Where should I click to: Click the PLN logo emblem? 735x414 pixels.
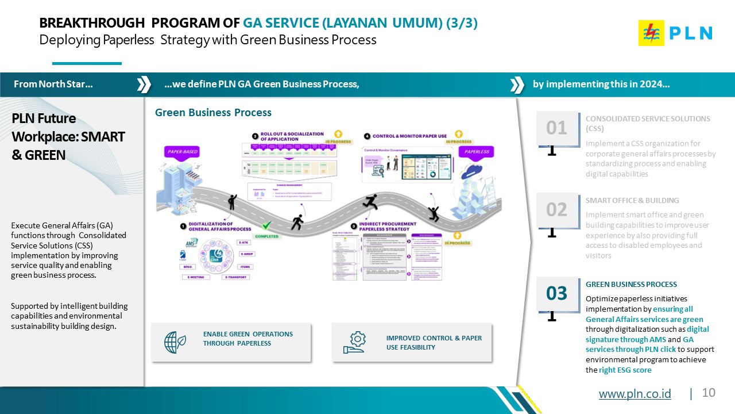[x=651, y=33]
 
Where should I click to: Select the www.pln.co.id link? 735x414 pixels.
[x=635, y=394]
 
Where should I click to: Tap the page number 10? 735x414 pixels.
[x=709, y=393]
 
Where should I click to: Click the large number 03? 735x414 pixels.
[x=556, y=293]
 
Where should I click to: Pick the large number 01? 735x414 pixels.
[x=556, y=127]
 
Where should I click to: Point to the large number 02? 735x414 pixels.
[x=556, y=209]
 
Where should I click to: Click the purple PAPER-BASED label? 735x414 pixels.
[x=182, y=152]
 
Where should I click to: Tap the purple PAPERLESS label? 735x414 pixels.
[x=476, y=152]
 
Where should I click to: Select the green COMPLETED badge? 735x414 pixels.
[x=266, y=236]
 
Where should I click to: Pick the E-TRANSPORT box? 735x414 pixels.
[x=235, y=277]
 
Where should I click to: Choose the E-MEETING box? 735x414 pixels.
[x=196, y=277]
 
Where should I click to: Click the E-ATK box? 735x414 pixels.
[x=245, y=243]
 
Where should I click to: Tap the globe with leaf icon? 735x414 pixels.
[x=175, y=342]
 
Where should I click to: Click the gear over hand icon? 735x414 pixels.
[x=355, y=342]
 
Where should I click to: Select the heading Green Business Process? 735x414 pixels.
[x=213, y=113]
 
